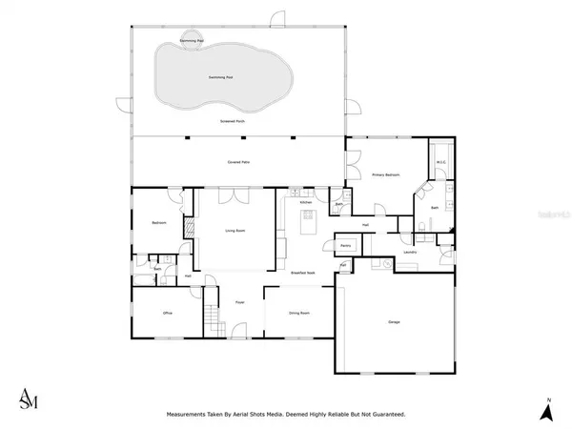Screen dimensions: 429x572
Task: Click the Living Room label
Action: pyautogui.click(x=235, y=231)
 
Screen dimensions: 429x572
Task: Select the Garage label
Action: pyautogui.click(x=394, y=321)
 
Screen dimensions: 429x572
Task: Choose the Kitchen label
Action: pyautogui.click(x=306, y=203)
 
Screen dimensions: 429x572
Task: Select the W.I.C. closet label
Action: pyautogui.click(x=441, y=162)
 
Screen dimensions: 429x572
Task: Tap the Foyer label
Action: pyautogui.click(x=240, y=302)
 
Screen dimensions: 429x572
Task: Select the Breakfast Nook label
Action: pyautogui.click(x=303, y=273)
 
